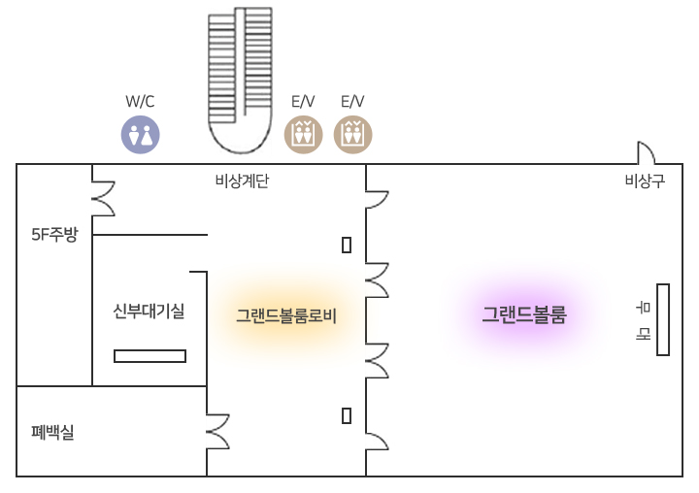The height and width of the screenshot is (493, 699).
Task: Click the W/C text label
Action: click(140, 101)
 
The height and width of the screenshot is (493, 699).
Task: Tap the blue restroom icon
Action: click(140, 136)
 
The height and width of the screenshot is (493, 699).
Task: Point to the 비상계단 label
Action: click(242, 181)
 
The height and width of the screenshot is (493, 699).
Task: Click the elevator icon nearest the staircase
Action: click(303, 135)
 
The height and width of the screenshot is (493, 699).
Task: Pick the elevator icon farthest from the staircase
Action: click(352, 135)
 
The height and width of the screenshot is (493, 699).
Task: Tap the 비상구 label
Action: click(645, 181)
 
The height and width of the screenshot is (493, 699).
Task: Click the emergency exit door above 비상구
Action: click(646, 153)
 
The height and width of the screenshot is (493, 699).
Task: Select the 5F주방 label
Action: click(53, 234)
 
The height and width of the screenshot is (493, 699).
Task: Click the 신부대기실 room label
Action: click(149, 312)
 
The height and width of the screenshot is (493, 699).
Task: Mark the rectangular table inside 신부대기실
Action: click(150, 356)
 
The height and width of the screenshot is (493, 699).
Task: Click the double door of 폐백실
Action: click(218, 432)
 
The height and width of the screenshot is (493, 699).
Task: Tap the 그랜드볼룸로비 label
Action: click(285, 315)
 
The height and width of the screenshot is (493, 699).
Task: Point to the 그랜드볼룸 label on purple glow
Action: click(524, 314)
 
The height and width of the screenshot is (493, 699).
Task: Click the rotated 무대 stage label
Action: click(643, 320)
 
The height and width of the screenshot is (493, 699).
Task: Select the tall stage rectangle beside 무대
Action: click(663, 319)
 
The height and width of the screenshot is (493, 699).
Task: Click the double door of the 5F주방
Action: click(103, 197)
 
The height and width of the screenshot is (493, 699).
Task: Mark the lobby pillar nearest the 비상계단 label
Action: click(347, 245)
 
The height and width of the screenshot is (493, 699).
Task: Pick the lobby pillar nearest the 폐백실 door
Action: click(347, 416)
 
